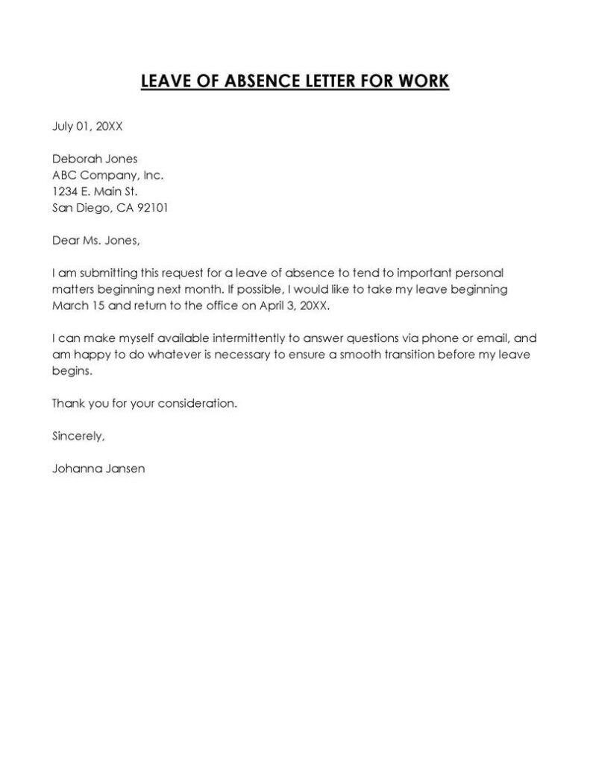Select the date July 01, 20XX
pyautogui.click(x=87, y=126)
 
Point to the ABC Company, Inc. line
pyautogui.click(x=107, y=175)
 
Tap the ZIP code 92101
pyautogui.click(x=153, y=208)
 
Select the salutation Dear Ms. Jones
pyautogui.click(x=95, y=241)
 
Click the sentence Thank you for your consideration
pyautogui.click(x=144, y=403)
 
